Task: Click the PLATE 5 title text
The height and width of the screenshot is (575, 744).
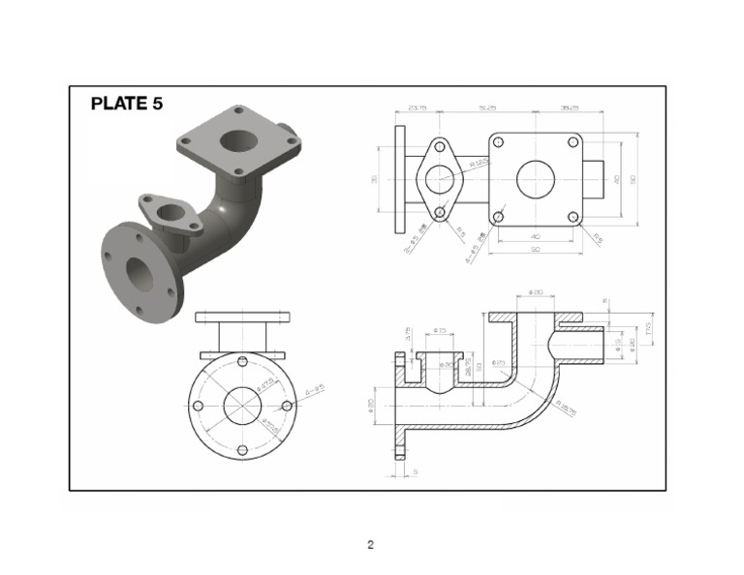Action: coord(127,104)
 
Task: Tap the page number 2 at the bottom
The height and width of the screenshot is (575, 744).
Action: coord(370,544)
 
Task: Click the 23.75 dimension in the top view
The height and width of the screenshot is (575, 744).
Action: coord(418,108)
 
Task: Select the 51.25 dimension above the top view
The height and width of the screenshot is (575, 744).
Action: coord(487,108)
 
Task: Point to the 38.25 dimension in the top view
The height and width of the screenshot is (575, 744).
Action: coord(568,108)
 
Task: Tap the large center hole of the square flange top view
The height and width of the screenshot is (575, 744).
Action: coord(536,179)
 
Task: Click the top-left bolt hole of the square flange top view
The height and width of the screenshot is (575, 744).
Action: coord(498,142)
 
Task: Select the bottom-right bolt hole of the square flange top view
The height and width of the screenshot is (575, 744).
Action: coord(573,217)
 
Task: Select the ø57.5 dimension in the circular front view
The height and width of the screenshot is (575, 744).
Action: coord(271,423)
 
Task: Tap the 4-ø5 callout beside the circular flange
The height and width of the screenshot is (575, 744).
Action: coord(314,390)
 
